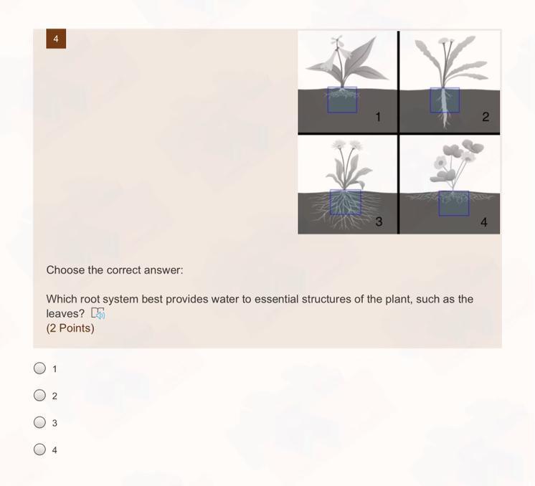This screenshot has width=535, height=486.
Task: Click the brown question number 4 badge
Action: point(56,39)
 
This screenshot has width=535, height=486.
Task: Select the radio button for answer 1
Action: point(39,368)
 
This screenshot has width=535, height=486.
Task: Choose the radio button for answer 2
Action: point(39,395)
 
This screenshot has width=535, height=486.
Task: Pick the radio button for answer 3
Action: point(39,422)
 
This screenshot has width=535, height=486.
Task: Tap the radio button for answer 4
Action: point(39,449)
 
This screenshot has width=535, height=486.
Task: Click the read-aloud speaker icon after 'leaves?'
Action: point(98,313)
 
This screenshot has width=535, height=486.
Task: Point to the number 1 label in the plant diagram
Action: point(378,117)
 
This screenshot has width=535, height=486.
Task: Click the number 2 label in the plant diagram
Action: point(486,117)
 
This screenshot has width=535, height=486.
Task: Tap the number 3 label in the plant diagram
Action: point(379,221)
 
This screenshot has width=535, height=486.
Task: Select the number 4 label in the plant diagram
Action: point(484,222)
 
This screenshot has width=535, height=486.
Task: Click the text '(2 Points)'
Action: point(70,328)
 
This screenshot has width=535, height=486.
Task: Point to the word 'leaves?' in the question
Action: point(65,313)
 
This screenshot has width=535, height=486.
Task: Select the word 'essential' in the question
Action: point(276,299)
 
